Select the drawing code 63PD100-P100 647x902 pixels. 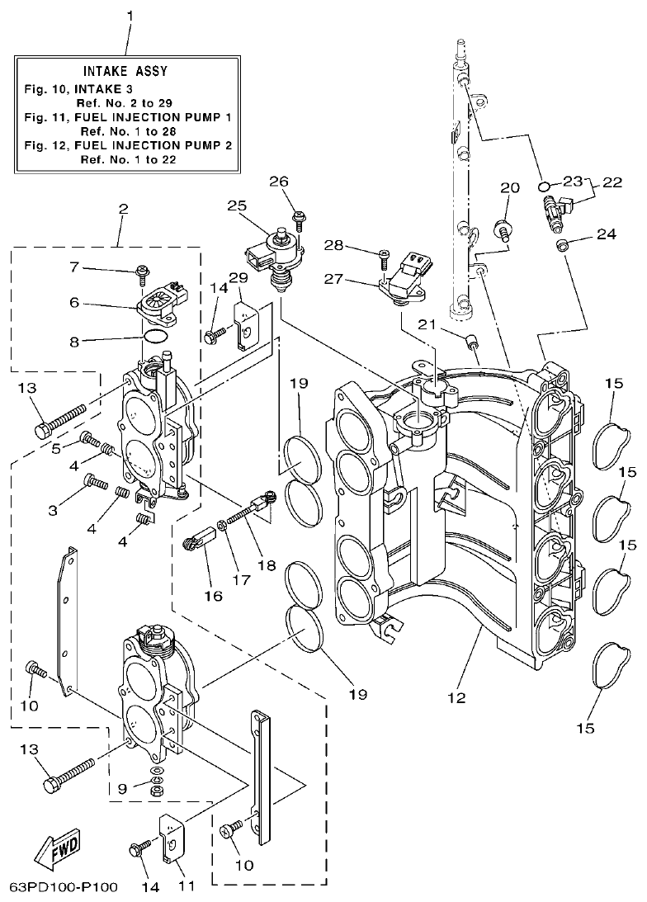click(x=64, y=888)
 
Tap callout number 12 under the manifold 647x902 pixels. click(x=456, y=697)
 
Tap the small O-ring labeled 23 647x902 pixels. click(x=543, y=184)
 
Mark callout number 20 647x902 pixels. click(x=509, y=188)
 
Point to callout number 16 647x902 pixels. click(x=214, y=595)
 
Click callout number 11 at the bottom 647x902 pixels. click(x=187, y=886)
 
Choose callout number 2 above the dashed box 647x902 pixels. click(x=123, y=209)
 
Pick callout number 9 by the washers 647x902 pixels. click(x=122, y=789)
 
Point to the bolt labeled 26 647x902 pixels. click(x=300, y=219)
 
